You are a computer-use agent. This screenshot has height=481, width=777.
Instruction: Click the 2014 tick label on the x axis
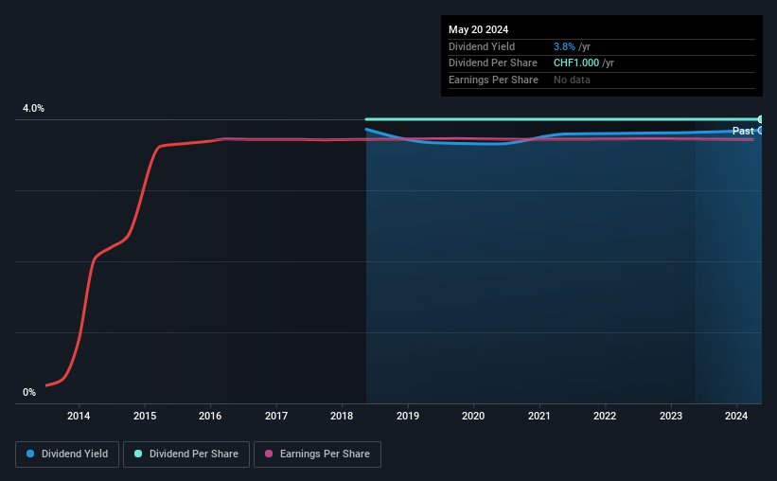pos(79,416)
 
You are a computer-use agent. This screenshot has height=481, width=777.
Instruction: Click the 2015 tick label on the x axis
pos(145,416)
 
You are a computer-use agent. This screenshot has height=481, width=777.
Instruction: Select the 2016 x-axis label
pos(210,416)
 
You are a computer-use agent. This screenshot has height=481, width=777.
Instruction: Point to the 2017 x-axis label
pos(276,416)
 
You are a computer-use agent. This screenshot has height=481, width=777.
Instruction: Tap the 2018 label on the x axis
pos(342,416)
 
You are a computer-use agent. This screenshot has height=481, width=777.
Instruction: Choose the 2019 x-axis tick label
pos(408,416)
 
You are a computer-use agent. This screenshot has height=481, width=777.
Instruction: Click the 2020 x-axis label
pos(473,416)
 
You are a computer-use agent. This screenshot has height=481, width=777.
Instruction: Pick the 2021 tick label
pos(539,416)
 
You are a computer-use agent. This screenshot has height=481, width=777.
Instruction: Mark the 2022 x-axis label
pos(605,416)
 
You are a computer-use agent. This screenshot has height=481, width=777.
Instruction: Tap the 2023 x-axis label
pos(671,416)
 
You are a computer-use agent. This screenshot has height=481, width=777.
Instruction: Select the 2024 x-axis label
pos(736,416)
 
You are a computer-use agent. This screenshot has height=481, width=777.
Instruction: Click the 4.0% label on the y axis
pos(34,109)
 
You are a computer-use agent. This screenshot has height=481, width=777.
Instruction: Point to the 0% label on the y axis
pos(29,392)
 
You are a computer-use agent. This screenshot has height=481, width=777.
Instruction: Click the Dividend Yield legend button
pos(67,454)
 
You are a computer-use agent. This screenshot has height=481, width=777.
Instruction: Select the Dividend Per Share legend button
pos(186,454)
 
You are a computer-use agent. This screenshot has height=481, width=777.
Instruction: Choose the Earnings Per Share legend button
pos(317,454)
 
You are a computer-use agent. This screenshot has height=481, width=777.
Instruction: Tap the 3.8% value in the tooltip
pos(564,46)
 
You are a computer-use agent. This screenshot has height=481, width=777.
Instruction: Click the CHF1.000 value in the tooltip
pos(576,63)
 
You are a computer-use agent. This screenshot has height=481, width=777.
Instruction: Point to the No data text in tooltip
pos(572,80)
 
